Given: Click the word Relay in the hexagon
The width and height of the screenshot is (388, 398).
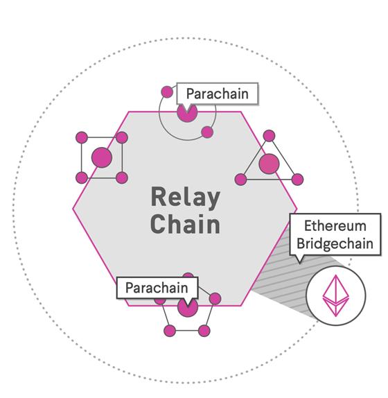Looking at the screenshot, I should coord(185,198).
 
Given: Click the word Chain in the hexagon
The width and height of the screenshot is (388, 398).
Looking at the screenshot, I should coord(185,225).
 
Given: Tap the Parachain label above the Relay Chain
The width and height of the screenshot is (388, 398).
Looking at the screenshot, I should coord(217,93).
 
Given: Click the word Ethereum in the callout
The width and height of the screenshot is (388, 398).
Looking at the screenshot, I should coord(335,227).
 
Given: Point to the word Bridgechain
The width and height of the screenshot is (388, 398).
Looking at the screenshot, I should coord(335,243).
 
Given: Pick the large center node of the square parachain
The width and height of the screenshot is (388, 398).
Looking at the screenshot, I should coord(102,157).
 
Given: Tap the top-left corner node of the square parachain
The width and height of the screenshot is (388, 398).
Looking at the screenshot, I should coord(81,137).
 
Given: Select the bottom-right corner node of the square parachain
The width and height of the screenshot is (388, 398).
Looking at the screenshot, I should coord(122,178).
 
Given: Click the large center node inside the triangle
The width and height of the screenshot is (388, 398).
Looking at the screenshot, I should coord(269,164).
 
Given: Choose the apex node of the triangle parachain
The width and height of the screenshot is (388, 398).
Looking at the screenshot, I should coord(270,135).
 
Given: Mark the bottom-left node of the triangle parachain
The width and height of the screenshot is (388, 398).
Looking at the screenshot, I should coord(240,180).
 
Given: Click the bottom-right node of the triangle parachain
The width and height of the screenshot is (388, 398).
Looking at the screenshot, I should coord(297,180).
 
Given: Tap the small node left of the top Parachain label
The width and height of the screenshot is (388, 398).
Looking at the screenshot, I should coord(166,92).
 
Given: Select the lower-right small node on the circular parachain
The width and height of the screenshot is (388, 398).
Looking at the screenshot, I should coord(207,132).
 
